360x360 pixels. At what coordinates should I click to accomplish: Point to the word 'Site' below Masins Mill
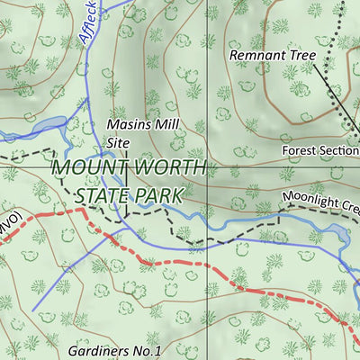120,142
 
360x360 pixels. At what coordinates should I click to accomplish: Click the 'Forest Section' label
319,150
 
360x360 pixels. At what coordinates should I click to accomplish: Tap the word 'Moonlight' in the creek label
310,198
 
